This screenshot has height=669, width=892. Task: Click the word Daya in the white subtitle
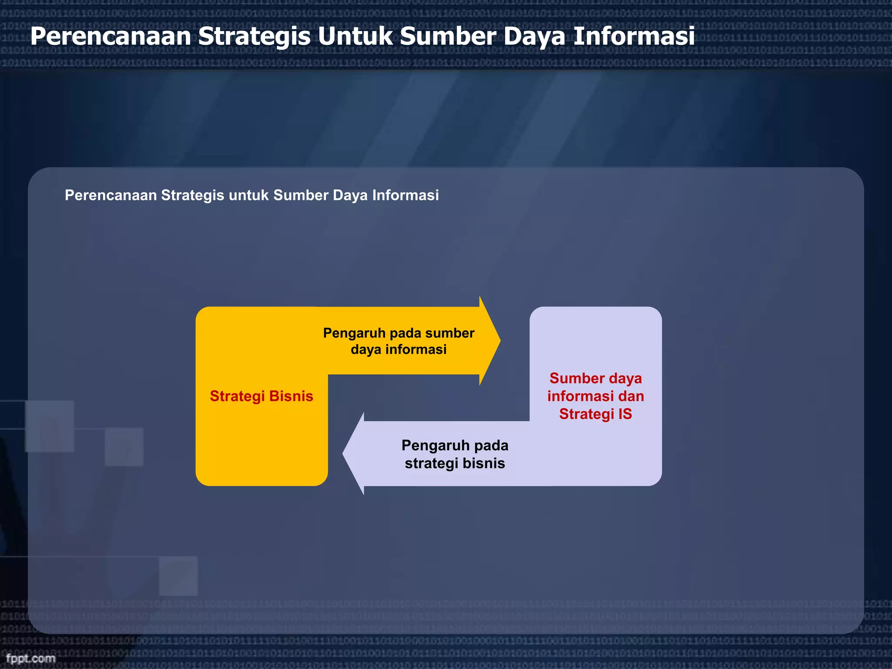pos(350,195)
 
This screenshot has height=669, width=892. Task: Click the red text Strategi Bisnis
pos(261,396)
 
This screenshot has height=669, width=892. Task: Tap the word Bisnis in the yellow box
pos(291,396)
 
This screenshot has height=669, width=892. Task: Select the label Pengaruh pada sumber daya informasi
pos(399,341)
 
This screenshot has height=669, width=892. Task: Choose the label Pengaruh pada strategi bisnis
pos(455,454)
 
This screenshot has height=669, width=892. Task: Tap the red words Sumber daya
pos(595,378)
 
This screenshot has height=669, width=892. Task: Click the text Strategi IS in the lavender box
pos(595,414)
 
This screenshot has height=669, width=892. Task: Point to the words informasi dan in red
pos(595,396)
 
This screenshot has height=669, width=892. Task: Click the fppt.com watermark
pos(30,658)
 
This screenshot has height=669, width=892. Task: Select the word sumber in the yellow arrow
pos(449,333)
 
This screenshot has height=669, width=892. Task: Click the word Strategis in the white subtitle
pos(193,195)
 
